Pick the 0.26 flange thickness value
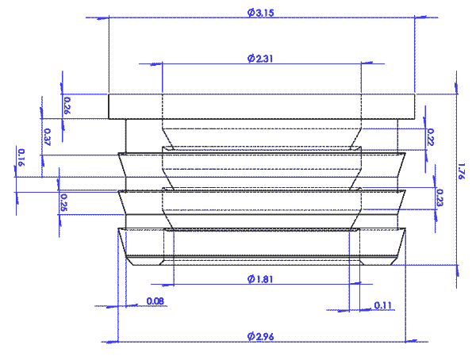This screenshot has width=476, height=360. coord(67,105)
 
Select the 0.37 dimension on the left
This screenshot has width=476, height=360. coord(48,136)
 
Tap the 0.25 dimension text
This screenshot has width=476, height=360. coord(63,203)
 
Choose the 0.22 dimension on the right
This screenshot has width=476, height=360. coord(431,136)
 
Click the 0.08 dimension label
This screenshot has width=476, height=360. coord(155,301)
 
